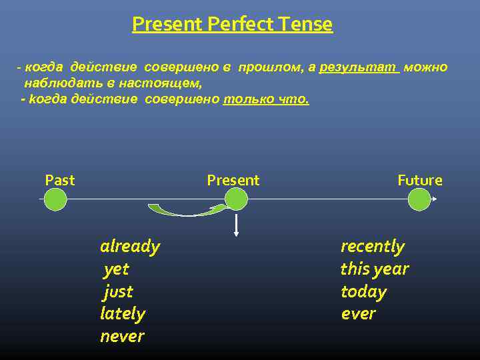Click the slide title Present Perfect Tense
(232, 25)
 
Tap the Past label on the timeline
(59, 180)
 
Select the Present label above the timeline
(233, 180)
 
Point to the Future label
(419, 180)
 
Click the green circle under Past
(55, 199)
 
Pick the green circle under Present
(236, 199)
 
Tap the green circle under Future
(419, 199)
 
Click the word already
(130, 247)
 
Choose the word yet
(116, 269)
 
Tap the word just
(119, 292)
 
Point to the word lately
(123, 313)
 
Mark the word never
(122, 336)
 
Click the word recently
(372, 247)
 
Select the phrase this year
(374, 269)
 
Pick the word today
(363, 292)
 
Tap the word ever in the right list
(358, 313)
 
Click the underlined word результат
(359, 68)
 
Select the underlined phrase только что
(266, 99)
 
